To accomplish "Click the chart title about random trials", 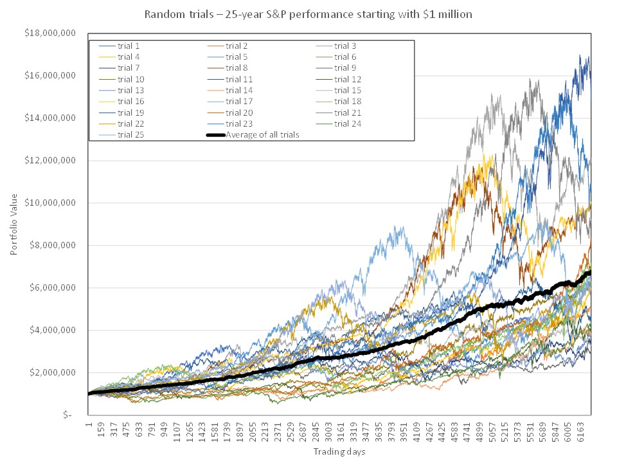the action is point(308,14).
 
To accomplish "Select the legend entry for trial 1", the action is point(119,46).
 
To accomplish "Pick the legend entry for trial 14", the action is point(230,91).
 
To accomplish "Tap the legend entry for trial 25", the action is point(121,135).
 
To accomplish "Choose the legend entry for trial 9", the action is point(335,68).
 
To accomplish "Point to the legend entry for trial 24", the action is point(338,124).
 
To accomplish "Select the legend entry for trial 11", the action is point(230,80).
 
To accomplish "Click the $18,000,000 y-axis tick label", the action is point(50,33).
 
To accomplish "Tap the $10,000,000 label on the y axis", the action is point(50,203).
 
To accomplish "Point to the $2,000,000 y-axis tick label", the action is point(52,372).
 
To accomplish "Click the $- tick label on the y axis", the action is point(67,415).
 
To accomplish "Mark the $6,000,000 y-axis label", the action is point(52,288).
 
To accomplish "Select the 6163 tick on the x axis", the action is point(580,433).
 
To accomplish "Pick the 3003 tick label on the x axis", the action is point(328,433).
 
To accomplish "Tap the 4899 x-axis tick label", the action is point(479,433).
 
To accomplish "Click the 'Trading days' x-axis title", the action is point(339,451).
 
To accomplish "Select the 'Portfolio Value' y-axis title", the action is point(14,224).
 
